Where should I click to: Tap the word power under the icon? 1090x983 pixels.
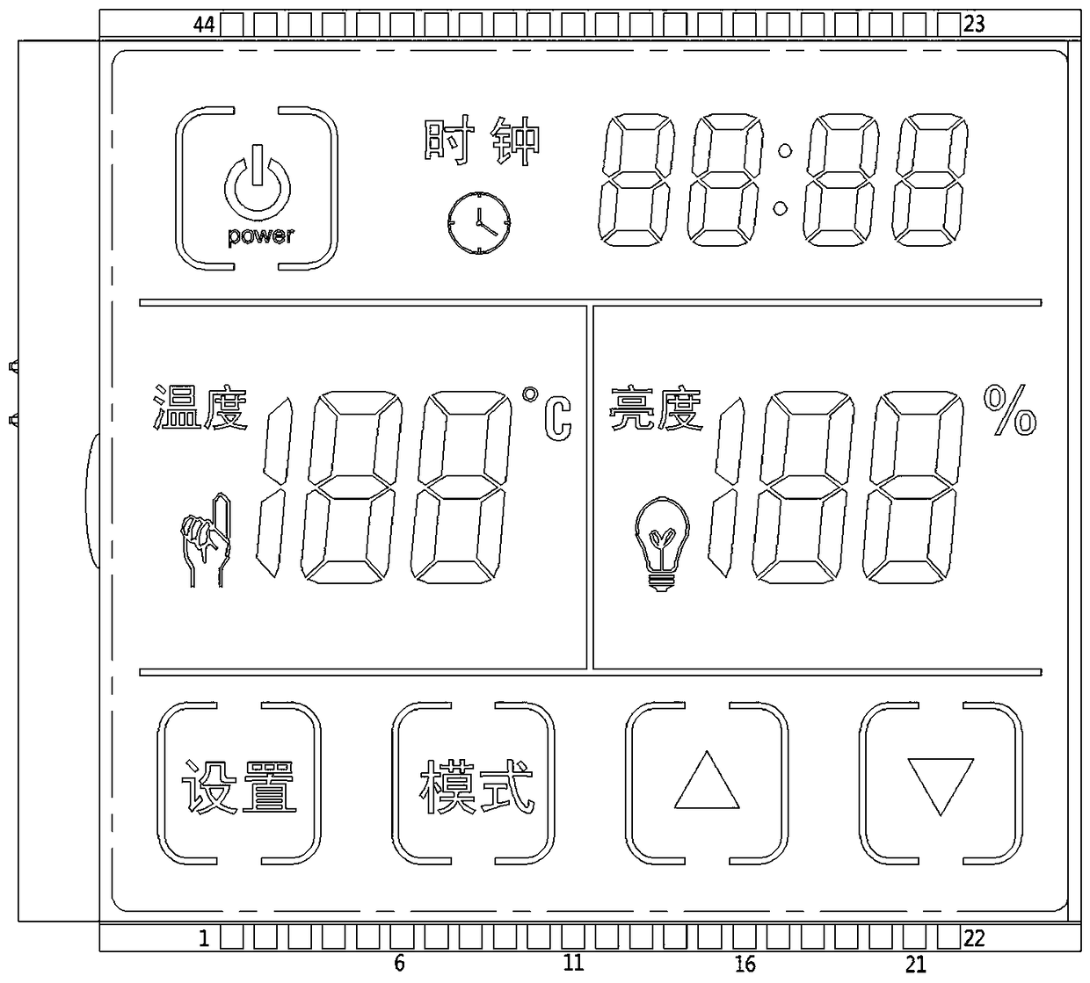pos(261,236)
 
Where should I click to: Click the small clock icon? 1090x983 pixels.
pos(479,222)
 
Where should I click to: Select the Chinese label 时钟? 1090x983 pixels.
pos(482,141)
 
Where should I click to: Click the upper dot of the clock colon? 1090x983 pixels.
pos(785,150)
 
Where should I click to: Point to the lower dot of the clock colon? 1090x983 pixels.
pos(781,208)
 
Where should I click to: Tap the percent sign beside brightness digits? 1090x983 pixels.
pos(1010,410)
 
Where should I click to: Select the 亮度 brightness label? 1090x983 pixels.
pos(656,409)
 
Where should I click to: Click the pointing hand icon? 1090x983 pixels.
pos(206,539)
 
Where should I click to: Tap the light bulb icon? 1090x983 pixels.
pos(662,544)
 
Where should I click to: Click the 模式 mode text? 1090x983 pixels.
pos(476,786)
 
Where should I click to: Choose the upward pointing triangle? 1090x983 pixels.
pos(707,780)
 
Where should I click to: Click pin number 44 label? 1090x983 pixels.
pos(204,25)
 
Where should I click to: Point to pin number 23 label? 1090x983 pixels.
pos(974,25)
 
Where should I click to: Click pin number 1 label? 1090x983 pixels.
pos(204,938)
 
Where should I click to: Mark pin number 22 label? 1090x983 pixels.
pos(974,938)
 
